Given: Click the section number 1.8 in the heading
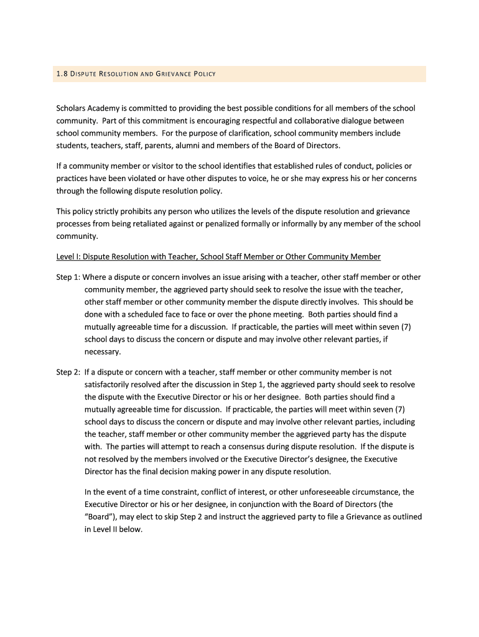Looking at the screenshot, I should pyautogui.click(x=61, y=75).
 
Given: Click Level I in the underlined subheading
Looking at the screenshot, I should pyautogui.click(x=68, y=256).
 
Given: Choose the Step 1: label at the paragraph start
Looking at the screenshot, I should pyautogui.click(x=68, y=277).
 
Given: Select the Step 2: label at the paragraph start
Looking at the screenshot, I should pyautogui.click(x=68, y=372).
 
